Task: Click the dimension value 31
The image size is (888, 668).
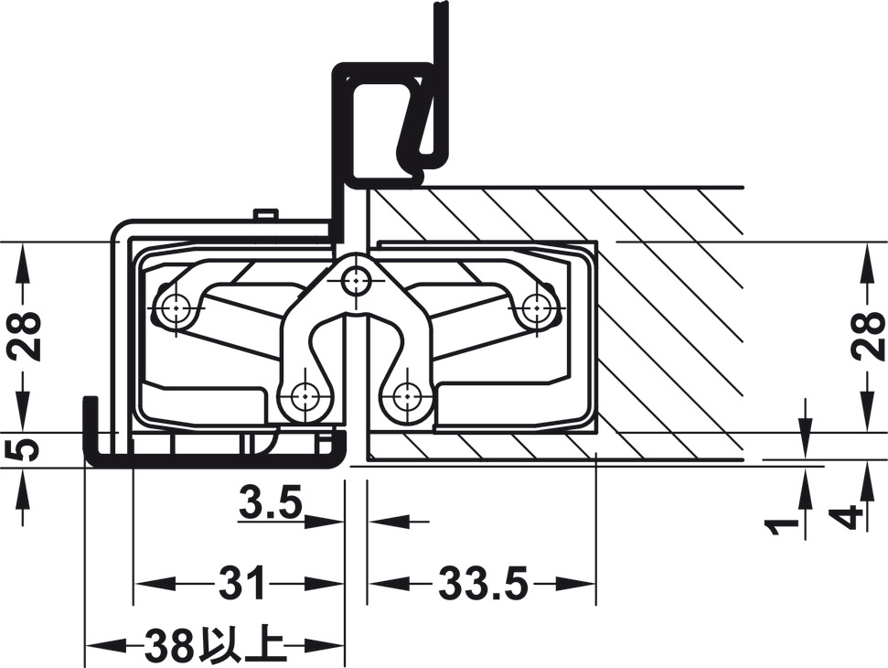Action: coord(242,583)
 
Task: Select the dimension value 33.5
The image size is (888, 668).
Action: coord(483,583)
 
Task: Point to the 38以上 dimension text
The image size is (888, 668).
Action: coord(214,645)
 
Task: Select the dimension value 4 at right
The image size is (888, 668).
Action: coord(850,517)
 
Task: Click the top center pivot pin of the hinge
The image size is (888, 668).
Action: coord(355,279)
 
